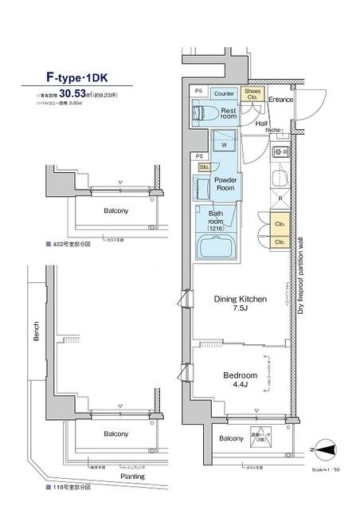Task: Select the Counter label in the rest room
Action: tap(224, 93)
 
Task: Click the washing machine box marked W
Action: tap(225, 145)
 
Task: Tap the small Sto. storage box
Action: tap(203, 167)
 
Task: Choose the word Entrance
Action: tap(280, 100)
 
